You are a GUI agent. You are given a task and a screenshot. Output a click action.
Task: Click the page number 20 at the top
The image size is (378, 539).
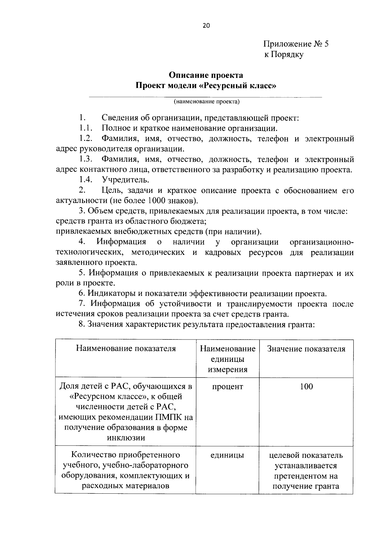pyautogui.click(x=206, y=26)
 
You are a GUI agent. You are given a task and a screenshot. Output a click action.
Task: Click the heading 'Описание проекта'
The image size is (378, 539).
pyautogui.click(x=206, y=75)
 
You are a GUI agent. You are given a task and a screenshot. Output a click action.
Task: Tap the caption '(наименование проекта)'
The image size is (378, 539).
pyautogui.click(x=206, y=102)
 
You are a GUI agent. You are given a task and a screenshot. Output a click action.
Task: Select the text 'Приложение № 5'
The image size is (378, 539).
pyautogui.click(x=296, y=44)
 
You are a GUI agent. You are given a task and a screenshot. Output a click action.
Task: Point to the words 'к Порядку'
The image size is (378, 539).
pyautogui.click(x=283, y=54)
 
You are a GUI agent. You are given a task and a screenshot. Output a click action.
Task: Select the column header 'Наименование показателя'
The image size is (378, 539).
pyautogui.click(x=126, y=349)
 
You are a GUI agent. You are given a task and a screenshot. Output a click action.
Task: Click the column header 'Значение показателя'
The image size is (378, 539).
pyautogui.click(x=306, y=349)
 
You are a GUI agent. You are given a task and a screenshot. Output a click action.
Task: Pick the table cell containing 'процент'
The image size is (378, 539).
pyautogui.click(x=227, y=386)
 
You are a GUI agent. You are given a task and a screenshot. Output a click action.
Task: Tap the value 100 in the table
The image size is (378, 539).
pyautogui.click(x=306, y=386)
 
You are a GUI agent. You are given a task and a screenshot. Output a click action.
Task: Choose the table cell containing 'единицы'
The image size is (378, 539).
pyautogui.click(x=227, y=455)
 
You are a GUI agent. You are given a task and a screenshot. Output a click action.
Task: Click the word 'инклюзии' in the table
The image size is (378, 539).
pyautogui.click(x=126, y=438)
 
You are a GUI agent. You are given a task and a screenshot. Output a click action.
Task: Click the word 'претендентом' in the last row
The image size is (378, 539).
pyautogui.click(x=306, y=476)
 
